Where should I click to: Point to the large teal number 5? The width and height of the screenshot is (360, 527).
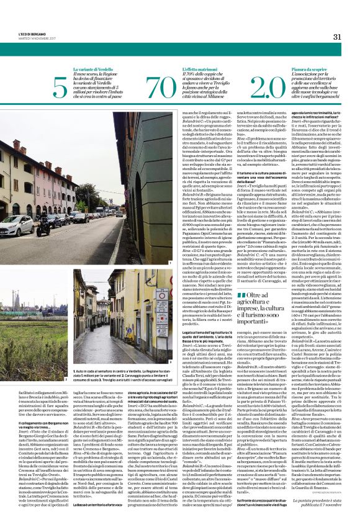[x=60, y=89]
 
